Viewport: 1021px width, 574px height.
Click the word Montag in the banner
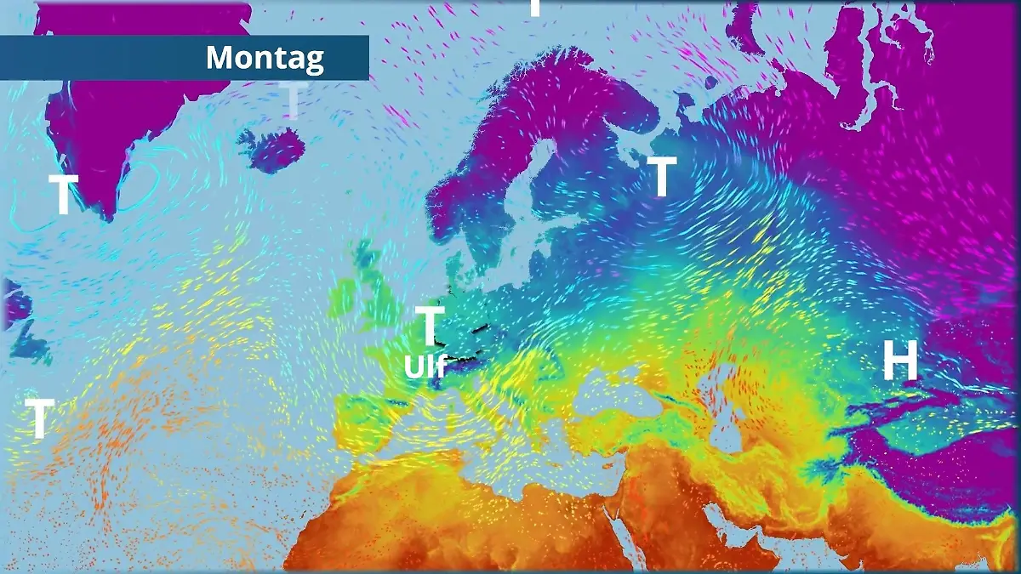[265, 58]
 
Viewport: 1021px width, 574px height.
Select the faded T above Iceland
[292, 100]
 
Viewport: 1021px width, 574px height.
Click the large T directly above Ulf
[430, 326]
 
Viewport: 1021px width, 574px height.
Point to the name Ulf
[425, 367]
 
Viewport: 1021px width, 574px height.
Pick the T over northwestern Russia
[663, 177]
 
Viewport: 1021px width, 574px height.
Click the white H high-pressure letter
[899, 363]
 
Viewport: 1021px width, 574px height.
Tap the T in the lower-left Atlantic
[39, 418]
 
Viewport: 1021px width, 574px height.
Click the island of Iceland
[272, 150]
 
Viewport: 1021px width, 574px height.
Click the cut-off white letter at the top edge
[534, 7]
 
